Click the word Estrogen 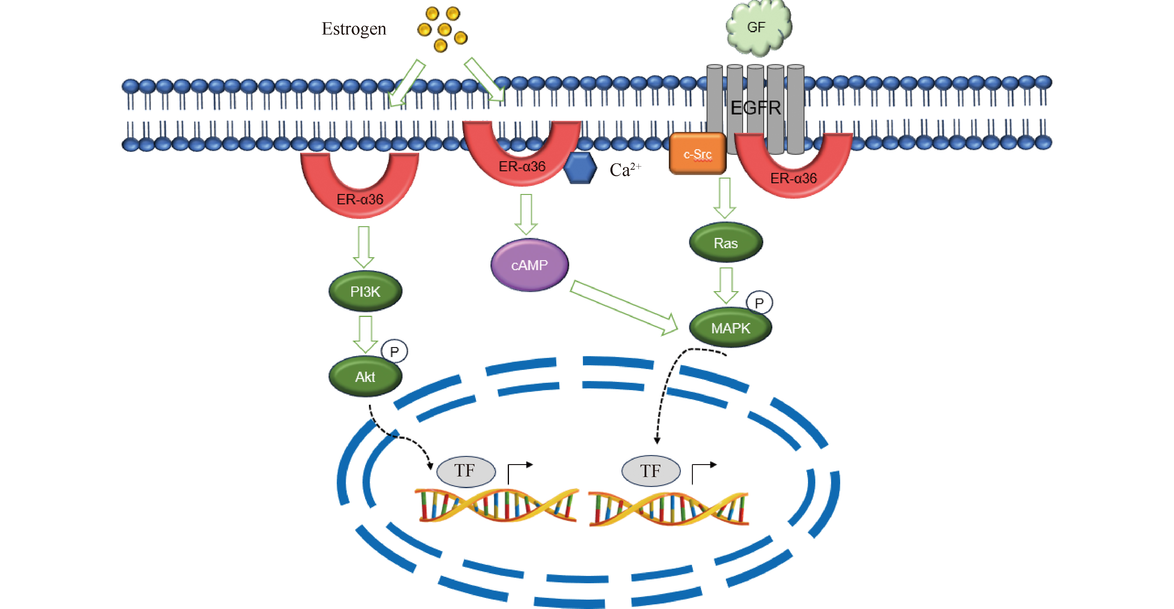[354, 29]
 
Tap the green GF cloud [757, 28]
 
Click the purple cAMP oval [529, 265]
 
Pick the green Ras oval [726, 243]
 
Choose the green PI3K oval [365, 291]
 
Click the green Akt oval [365, 377]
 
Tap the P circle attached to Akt [394, 351]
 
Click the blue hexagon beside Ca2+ [580, 168]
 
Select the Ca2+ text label [625, 170]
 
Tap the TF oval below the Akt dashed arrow [466, 471]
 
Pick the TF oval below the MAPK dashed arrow [651, 471]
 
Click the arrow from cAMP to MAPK [624, 308]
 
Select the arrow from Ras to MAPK [726, 285]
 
